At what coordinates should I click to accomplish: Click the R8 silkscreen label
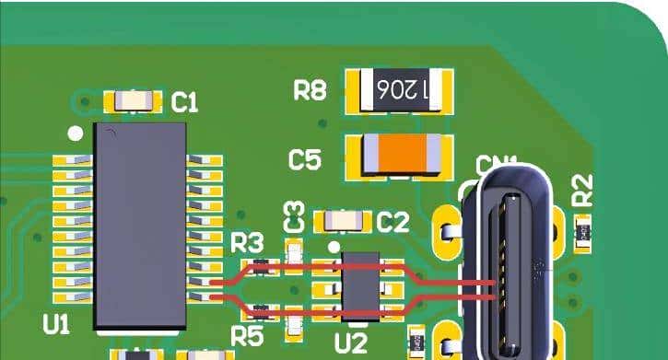[311, 90]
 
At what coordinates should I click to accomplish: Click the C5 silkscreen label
[305, 159]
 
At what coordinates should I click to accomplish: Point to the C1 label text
[185, 103]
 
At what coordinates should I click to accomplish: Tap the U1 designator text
[57, 323]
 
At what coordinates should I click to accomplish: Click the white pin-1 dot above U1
[76, 134]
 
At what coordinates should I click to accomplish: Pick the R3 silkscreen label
[247, 243]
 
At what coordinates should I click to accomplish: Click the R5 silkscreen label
[247, 336]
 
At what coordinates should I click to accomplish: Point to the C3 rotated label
[294, 216]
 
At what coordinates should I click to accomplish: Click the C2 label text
[393, 222]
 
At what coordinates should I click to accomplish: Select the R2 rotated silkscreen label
[582, 192]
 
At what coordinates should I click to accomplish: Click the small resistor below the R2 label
[582, 233]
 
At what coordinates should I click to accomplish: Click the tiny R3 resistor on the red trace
[263, 268]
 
